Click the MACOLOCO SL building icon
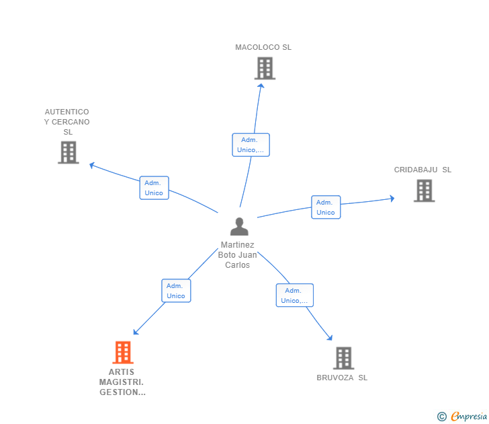265,68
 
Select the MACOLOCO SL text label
263,47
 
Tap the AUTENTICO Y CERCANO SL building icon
69,152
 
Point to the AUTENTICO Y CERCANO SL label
67,122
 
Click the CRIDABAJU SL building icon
424,190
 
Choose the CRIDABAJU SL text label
423,170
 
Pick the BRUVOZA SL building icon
343,358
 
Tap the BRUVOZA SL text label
342,378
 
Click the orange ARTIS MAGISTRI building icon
122,352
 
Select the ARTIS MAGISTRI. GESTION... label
122,382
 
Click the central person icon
238,227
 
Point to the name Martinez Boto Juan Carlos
238,255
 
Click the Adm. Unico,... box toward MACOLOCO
251,145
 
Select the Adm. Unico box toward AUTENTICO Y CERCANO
154,188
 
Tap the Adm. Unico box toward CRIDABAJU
326,207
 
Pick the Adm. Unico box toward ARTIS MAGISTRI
176,291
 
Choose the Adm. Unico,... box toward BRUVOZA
294,295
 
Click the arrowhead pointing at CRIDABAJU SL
392,198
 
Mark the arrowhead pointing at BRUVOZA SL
330,337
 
